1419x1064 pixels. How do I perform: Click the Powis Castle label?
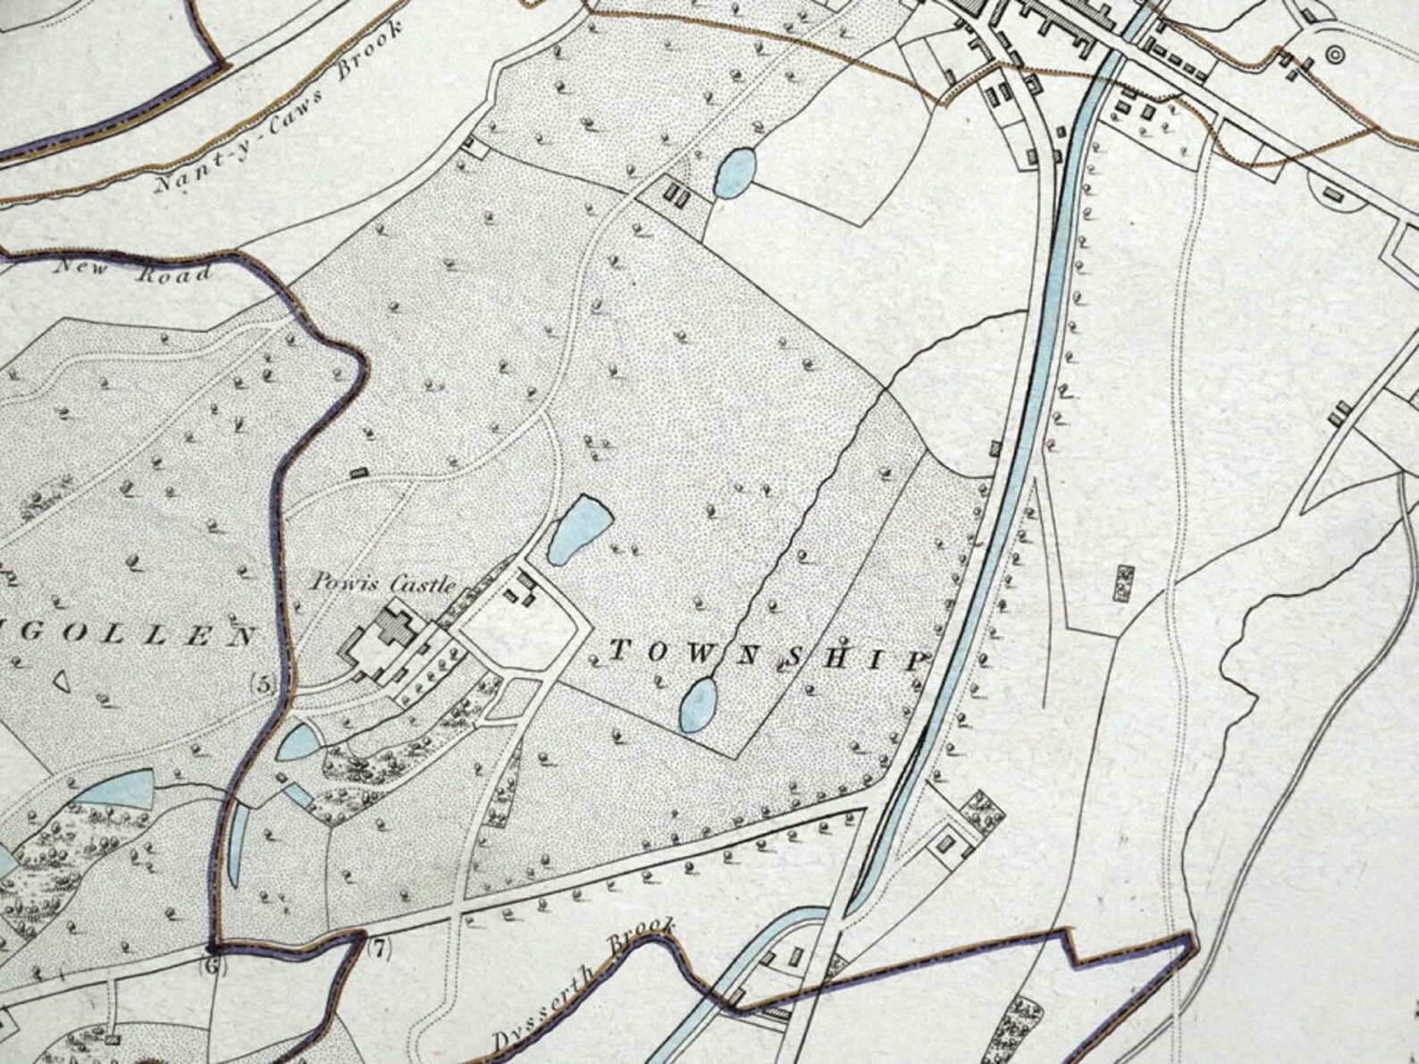tap(383, 583)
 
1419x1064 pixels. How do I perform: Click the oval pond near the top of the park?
tap(735, 172)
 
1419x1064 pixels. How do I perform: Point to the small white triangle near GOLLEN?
tap(62, 680)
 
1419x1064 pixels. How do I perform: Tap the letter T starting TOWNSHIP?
tap(616, 652)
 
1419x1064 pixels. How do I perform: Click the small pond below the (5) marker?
tap(297, 741)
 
